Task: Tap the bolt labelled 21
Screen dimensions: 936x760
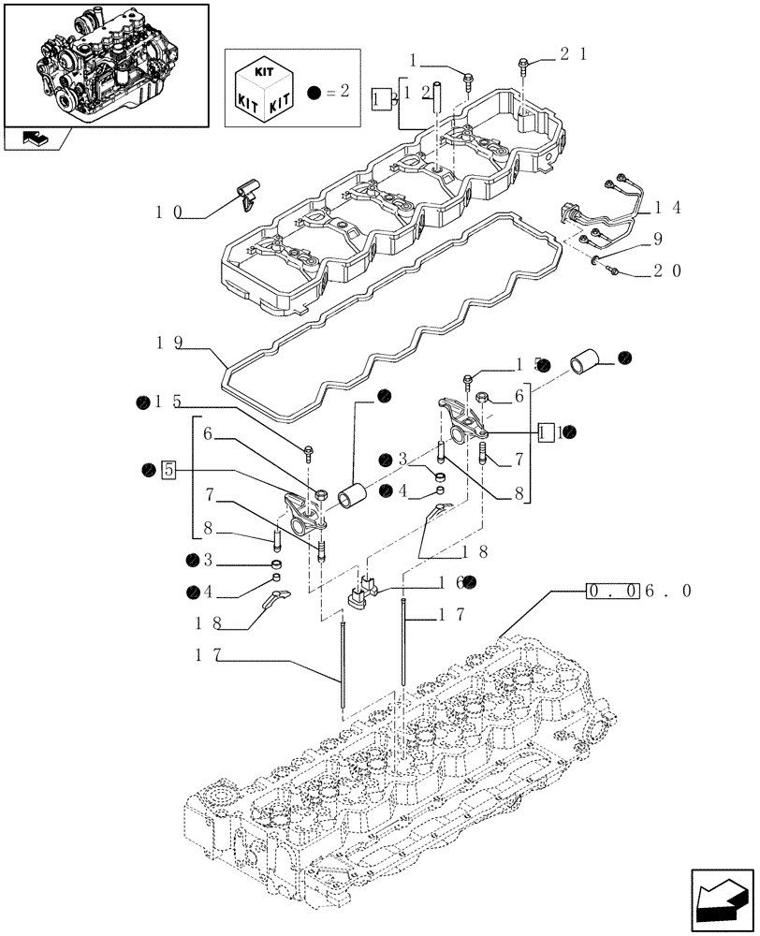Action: (522, 66)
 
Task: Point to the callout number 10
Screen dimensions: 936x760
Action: (169, 212)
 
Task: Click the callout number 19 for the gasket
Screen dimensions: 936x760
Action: (169, 343)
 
